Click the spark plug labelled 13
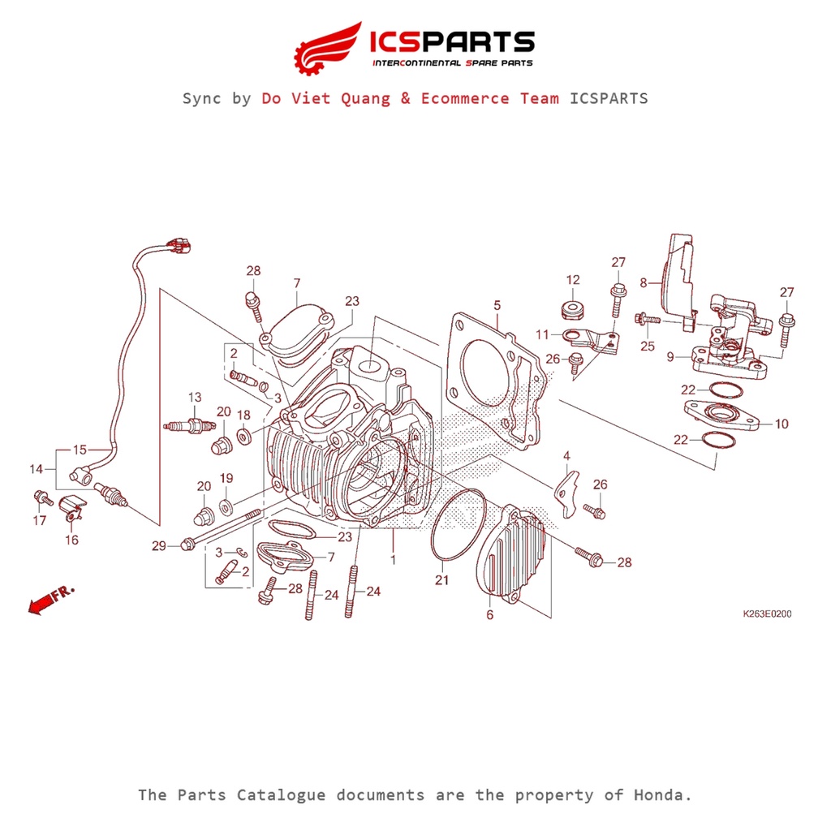(x=188, y=424)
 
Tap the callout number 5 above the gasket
(x=497, y=305)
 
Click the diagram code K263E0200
(x=767, y=614)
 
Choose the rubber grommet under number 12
(x=573, y=308)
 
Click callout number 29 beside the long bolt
(x=159, y=546)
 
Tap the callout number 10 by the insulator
(x=781, y=424)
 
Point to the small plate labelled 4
(x=567, y=487)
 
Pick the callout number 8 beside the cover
(x=644, y=282)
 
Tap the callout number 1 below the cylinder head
(x=394, y=559)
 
